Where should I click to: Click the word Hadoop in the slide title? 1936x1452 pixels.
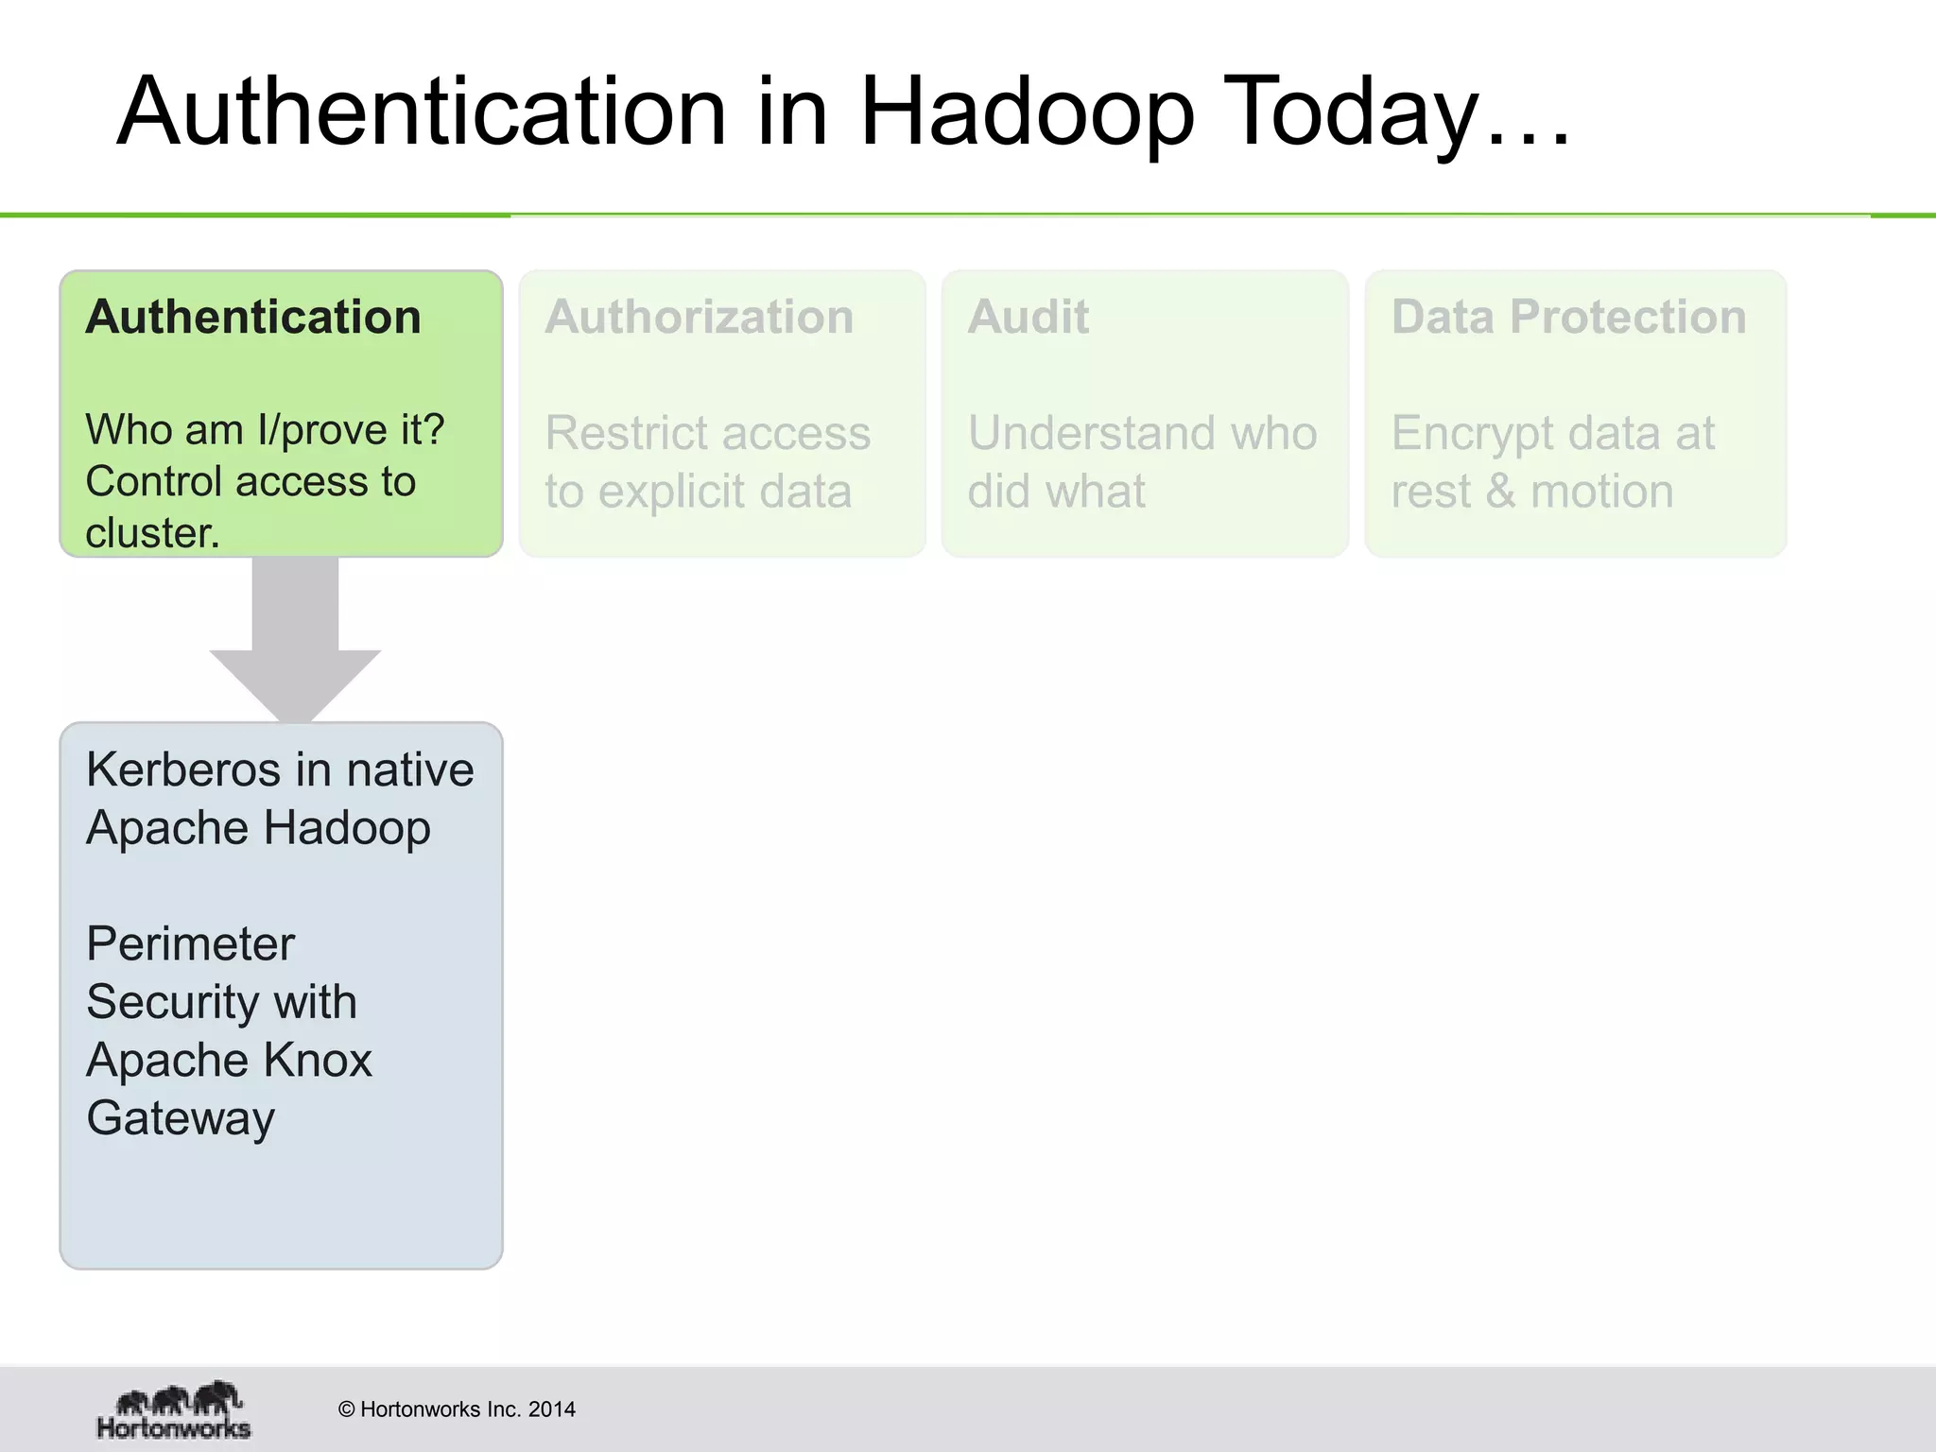[x=1027, y=113]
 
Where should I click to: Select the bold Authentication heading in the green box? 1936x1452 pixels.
[x=253, y=317]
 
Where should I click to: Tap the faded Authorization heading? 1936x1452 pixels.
[x=699, y=317]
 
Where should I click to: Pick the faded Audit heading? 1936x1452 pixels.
[x=1028, y=317]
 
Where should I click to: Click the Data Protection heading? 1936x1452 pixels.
[x=1568, y=317]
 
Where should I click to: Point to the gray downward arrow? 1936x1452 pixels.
[x=295, y=643]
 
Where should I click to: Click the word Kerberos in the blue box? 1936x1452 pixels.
[x=180, y=769]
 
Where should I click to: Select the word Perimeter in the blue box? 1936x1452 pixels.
[x=190, y=943]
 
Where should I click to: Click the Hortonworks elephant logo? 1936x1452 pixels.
[x=175, y=1409]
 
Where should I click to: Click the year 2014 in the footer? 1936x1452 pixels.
[x=552, y=1409]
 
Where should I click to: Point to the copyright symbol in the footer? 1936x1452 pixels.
[x=346, y=1409]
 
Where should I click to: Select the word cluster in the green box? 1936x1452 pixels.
[x=151, y=533]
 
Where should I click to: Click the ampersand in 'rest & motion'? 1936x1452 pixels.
[x=1500, y=493]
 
